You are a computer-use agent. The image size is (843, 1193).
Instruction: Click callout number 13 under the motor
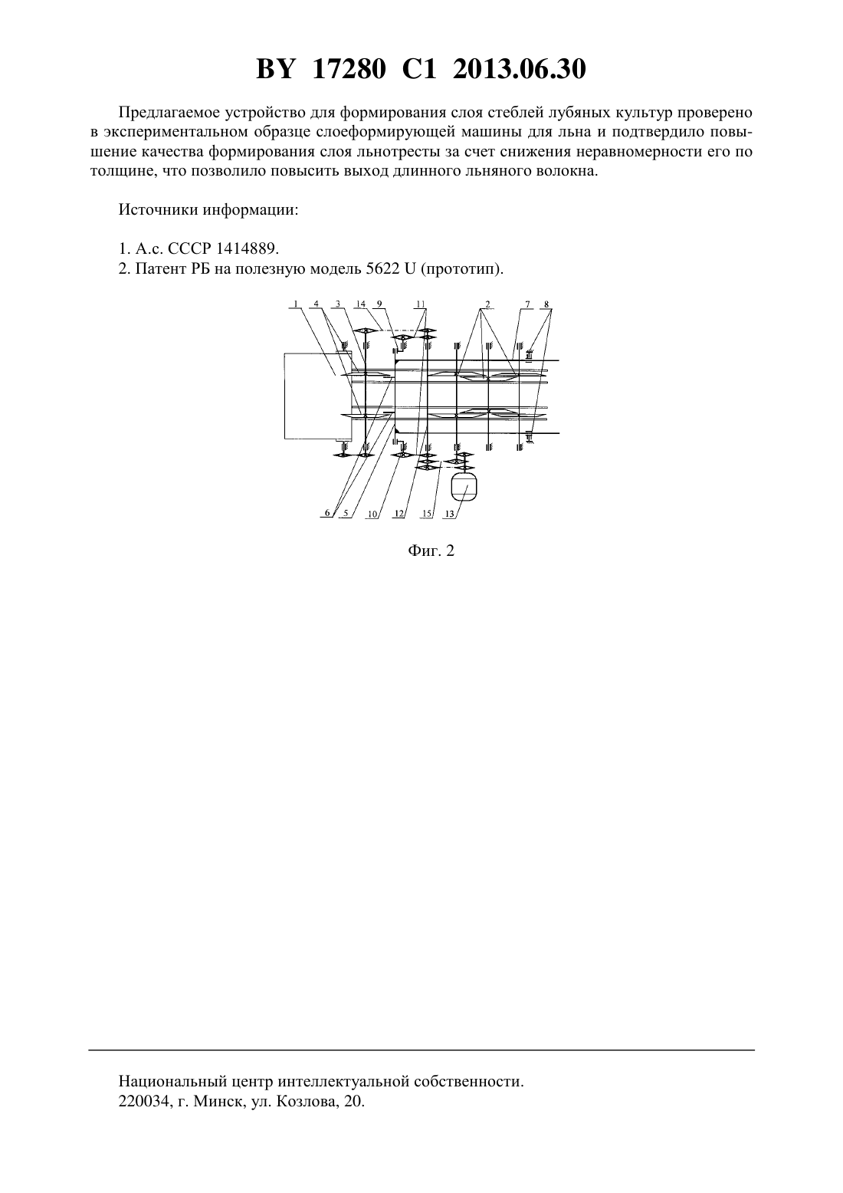pyautogui.click(x=451, y=514)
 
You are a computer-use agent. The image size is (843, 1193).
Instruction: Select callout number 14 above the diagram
pyautogui.click(x=361, y=304)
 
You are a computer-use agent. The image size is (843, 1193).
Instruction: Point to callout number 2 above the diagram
pyautogui.click(x=487, y=304)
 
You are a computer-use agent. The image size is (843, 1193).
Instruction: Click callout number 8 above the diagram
pyautogui.click(x=546, y=304)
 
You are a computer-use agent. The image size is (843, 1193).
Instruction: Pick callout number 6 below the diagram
pyautogui.click(x=328, y=514)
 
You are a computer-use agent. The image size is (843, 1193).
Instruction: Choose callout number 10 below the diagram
pyautogui.click(x=372, y=514)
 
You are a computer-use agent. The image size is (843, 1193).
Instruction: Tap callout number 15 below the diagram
pyautogui.click(x=427, y=514)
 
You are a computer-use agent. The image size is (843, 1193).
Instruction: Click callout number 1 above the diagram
pyautogui.click(x=296, y=304)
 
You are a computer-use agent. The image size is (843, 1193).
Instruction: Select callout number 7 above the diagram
pyautogui.click(x=527, y=304)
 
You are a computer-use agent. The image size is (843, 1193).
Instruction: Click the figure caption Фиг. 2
pyautogui.click(x=431, y=550)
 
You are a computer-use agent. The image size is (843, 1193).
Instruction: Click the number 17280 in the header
pyautogui.click(x=349, y=69)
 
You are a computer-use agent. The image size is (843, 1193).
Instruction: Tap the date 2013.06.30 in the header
pyautogui.click(x=520, y=69)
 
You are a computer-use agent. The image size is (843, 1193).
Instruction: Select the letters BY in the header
pyautogui.click(x=275, y=69)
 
